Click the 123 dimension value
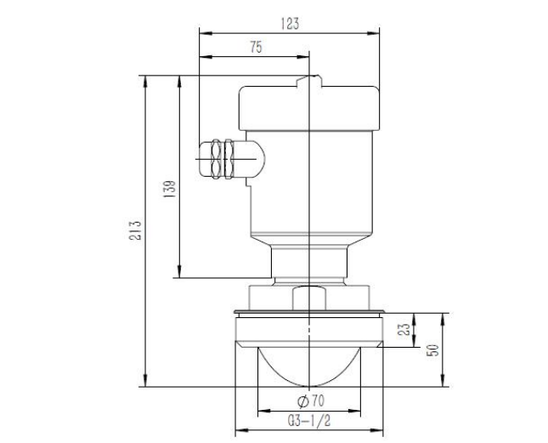pyautogui.click(x=291, y=25)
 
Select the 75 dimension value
pyautogui.click(x=256, y=48)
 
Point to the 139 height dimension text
pyautogui.click(x=169, y=188)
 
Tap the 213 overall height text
pyautogui.click(x=134, y=229)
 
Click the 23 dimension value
pyautogui.click(x=405, y=329)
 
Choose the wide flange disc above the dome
pyautogui.click(x=309, y=317)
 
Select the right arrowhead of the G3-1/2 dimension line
pyautogui.click(x=380, y=429)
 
